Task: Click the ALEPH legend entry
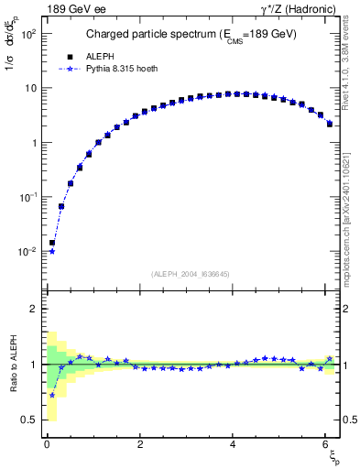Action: pos(98,56)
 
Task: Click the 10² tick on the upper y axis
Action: pos(27,34)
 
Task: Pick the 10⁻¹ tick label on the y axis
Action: pos(27,197)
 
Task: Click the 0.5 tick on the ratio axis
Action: pos(29,420)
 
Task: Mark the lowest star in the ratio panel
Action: pos(52,395)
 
